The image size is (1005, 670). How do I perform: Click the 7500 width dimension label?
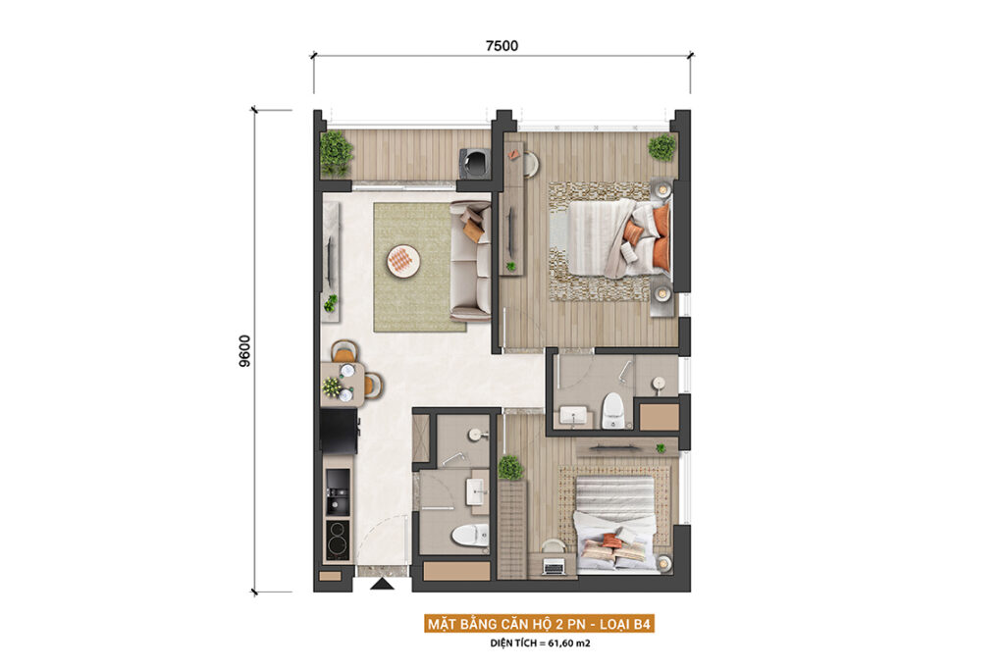tap(502, 45)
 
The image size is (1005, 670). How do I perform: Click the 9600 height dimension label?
tap(244, 351)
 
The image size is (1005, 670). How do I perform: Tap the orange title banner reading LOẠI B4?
tap(540, 624)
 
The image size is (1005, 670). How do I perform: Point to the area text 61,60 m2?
tap(568, 644)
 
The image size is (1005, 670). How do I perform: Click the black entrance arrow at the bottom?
tap(383, 584)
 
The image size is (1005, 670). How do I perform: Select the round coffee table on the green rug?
tap(403, 261)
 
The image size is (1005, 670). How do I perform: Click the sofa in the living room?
tap(470, 261)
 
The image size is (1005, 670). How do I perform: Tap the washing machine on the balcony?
tap(475, 163)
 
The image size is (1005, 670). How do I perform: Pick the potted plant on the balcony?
tap(336, 153)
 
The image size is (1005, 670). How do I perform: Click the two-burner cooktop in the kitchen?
tap(338, 540)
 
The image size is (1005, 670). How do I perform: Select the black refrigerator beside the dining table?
tap(339, 432)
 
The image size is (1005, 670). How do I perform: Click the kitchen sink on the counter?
tap(338, 491)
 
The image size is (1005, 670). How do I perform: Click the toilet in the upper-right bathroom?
tap(612, 410)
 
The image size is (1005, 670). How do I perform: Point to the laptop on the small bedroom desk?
tap(553, 566)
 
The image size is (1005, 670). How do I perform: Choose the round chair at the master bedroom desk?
tap(529, 164)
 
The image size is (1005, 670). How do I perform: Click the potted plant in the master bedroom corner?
tap(661, 148)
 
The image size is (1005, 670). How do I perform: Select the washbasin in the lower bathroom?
tap(478, 493)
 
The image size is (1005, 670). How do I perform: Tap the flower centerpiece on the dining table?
tap(332, 387)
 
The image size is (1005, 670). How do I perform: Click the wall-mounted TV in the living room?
tap(330, 261)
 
